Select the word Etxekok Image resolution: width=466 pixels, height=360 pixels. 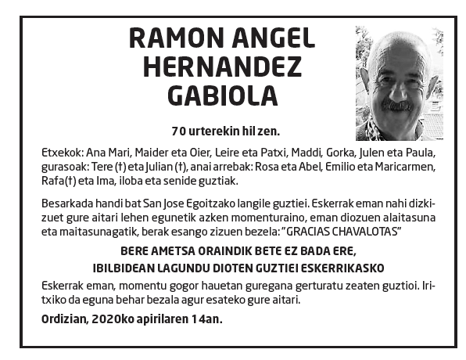[x=62, y=152]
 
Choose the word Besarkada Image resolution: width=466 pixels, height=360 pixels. [x=67, y=200]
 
